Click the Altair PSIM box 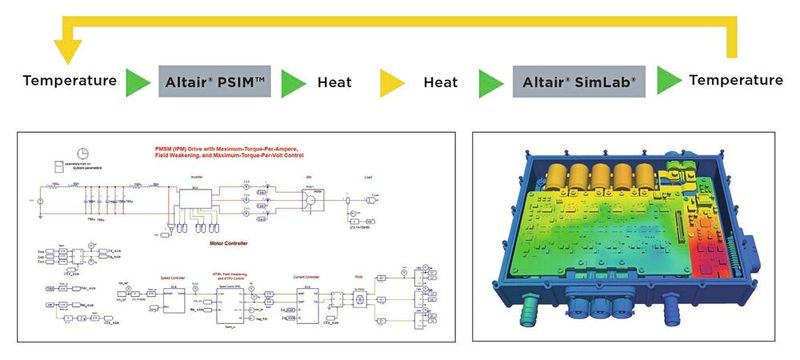point(214,79)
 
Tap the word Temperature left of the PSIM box point(69,79)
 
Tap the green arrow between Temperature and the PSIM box point(138,80)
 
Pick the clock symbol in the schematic point(86,152)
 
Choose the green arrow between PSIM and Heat point(292,80)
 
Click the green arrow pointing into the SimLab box point(490,80)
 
